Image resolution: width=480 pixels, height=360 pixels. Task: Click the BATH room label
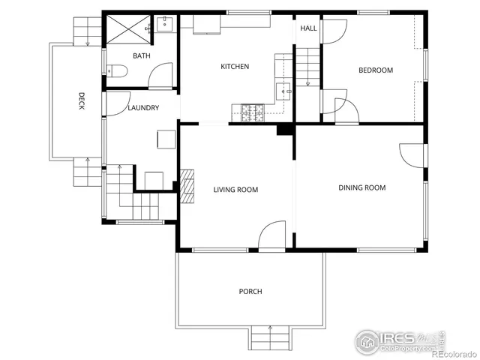(142, 56)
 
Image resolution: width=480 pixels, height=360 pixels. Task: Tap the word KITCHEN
(234, 67)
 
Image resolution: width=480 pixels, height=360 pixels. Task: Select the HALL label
(307, 28)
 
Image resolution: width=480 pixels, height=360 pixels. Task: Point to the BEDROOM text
(375, 70)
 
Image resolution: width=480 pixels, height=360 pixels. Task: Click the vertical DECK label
(82, 100)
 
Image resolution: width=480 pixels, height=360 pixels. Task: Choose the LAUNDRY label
(142, 108)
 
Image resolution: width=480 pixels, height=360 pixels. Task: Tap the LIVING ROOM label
(235, 190)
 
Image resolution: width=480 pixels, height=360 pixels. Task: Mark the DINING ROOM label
(361, 187)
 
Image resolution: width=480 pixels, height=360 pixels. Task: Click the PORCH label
(250, 291)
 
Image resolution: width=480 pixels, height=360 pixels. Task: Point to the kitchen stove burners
(253, 112)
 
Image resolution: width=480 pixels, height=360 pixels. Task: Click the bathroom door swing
(160, 76)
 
